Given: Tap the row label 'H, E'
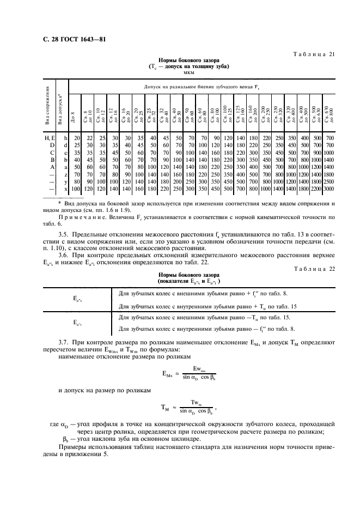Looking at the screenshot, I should pyautogui.click(x=51, y=139).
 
